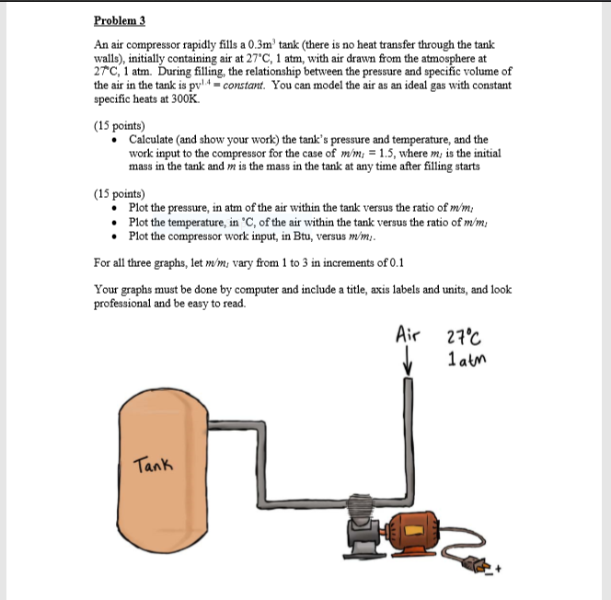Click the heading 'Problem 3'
[121, 20]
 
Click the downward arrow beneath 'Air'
[406, 363]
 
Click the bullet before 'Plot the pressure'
[113, 209]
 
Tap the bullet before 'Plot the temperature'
[113, 223]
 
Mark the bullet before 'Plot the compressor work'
[113, 237]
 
